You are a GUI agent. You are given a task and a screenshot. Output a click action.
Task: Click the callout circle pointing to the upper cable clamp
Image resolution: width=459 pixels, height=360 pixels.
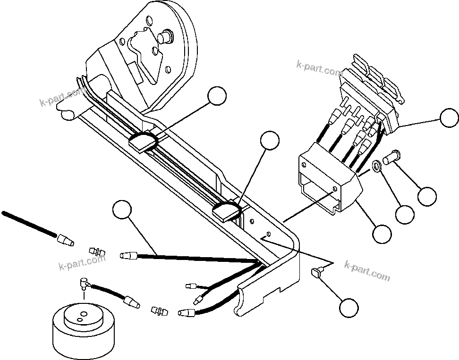tap(217, 96)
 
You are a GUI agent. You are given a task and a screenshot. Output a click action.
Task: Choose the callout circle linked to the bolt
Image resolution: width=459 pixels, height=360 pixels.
tap(427, 196)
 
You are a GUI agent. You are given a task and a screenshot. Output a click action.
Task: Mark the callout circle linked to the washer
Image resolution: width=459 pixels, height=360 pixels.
tap(405, 215)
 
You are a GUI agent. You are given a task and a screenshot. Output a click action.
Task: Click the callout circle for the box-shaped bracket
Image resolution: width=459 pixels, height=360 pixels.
tap(382, 232)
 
